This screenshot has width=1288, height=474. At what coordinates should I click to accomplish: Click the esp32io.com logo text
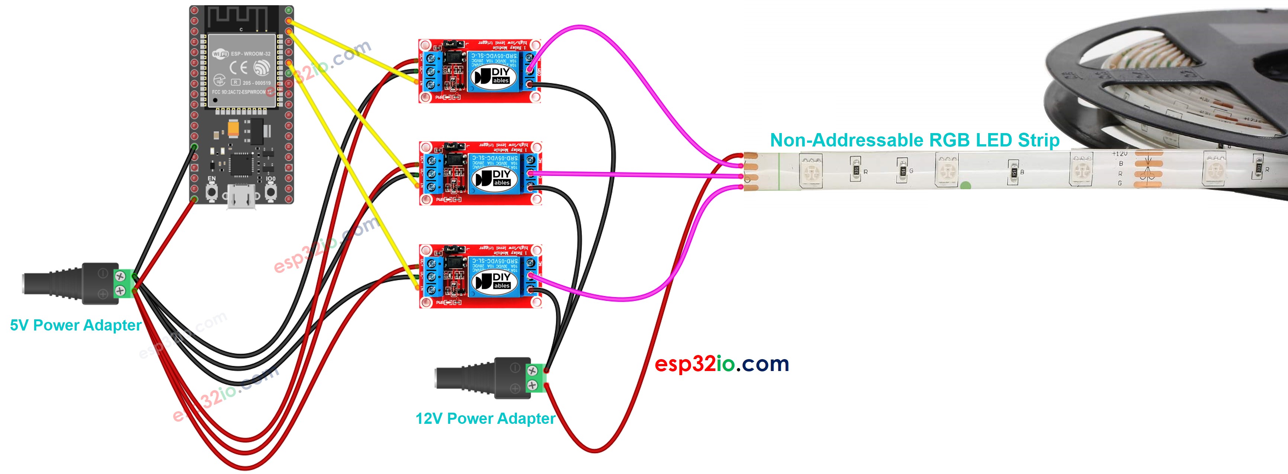(722, 364)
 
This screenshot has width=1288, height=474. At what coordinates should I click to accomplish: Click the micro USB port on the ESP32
(241, 197)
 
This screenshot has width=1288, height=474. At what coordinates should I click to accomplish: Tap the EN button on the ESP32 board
(212, 191)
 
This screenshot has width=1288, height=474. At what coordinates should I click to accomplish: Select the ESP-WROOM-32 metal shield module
(241, 70)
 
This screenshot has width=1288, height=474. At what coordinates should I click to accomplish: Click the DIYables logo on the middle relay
(495, 178)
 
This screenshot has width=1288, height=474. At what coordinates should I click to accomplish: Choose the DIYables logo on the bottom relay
(495, 281)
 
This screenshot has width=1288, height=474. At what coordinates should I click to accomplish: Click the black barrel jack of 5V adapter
(70, 284)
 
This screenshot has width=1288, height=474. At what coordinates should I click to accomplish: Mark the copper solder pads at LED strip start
(751, 171)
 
